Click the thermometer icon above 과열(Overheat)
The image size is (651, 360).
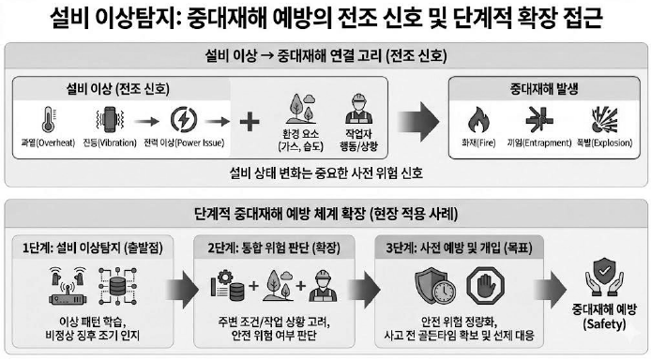[x=49, y=119]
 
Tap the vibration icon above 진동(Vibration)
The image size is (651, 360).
[x=110, y=119]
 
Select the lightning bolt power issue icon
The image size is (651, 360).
[x=184, y=120]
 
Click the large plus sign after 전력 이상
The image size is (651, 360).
[x=250, y=122]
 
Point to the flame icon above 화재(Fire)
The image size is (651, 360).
[x=478, y=119]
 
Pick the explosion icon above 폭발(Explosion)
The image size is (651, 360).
[x=604, y=119]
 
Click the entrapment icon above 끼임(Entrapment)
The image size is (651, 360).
[x=539, y=119]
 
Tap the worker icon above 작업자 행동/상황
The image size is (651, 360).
[x=358, y=109]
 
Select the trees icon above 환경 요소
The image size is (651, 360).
[x=301, y=109]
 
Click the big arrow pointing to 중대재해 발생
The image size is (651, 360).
[x=418, y=122]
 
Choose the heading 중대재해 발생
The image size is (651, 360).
[x=544, y=89]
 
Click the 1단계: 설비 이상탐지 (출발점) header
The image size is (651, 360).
[x=93, y=248]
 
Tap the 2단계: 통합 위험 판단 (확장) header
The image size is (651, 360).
[x=274, y=248]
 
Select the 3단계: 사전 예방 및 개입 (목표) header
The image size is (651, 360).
[x=460, y=248]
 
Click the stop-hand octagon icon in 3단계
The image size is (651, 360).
[x=485, y=286]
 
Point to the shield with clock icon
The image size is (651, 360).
[x=435, y=286]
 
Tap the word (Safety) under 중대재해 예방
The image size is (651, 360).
[x=604, y=324]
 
